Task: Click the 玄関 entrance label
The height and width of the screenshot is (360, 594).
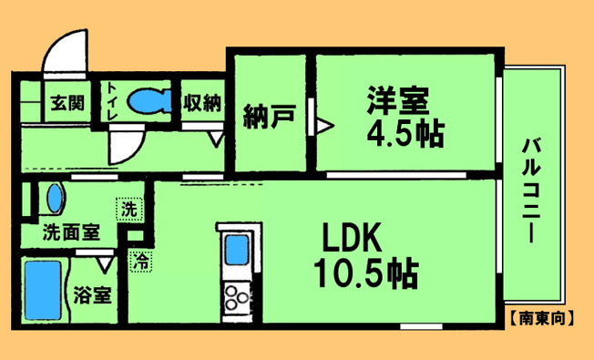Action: pyautogui.click(x=67, y=102)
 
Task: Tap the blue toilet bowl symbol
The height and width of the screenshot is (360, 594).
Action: pyautogui.click(x=149, y=101)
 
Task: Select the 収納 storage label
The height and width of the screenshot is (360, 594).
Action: pyautogui.click(x=202, y=102)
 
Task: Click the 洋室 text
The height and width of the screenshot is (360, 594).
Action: pyautogui.click(x=397, y=100)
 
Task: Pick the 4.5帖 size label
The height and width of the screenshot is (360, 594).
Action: pyautogui.click(x=405, y=133)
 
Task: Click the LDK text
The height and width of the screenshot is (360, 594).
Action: pyautogui.click(x=352, y=237)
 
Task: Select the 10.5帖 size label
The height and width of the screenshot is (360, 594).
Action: pyautogui.click(x=366, y=273)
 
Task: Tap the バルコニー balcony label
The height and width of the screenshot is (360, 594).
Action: pyautogui.click(x=531, y=190)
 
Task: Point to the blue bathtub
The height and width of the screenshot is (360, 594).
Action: pyautogui.click(x=43, y=290)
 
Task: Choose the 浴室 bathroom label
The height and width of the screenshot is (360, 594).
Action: pyautogui.click(x=92, y=294)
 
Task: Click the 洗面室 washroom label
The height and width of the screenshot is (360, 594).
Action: pyautogui.click(x=71, y=231)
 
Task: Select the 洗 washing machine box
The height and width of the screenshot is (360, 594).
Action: pyautogui.click(x=129, y=210)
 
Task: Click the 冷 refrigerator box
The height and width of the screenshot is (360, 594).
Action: pyautogui.click(x=141, y=261)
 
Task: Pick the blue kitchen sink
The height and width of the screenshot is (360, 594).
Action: pyautogui.click(x=238, y=250)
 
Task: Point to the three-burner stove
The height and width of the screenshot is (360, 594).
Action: pyautogui.click(x=236, y=297)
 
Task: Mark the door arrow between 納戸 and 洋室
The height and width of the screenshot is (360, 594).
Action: pyautogui.click(x=324, y=126)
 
